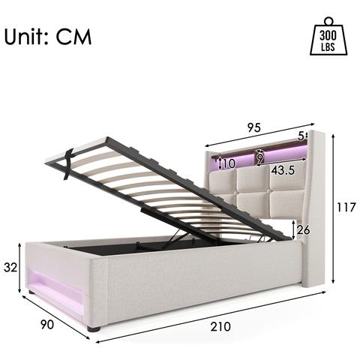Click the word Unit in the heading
click(28, 37)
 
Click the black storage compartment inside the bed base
click(120, 247)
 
